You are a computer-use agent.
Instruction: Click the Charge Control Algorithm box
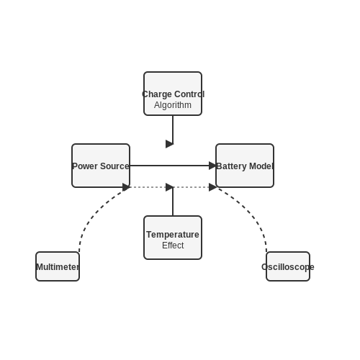(173, 94)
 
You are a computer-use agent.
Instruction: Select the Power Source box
(101, 166)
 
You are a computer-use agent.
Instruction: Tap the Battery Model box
(245, 166)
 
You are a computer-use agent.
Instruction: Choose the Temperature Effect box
(173, 238)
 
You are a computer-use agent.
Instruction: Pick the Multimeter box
(58, 266)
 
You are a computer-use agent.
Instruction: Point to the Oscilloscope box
(288, 266)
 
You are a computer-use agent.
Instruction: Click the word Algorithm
(173, 105)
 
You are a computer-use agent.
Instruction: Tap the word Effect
(173, 246)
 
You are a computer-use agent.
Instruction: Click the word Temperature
(173, 235)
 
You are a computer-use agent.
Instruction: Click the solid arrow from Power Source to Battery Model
(173, 166)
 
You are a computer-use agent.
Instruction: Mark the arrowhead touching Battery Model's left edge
(212, 166)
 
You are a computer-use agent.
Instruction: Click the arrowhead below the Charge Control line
(169, 144)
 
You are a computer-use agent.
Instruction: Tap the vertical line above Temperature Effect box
(173, 202)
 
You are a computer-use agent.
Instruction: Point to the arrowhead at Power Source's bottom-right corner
(126, 187)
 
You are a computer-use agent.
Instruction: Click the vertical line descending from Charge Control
(173, 130)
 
